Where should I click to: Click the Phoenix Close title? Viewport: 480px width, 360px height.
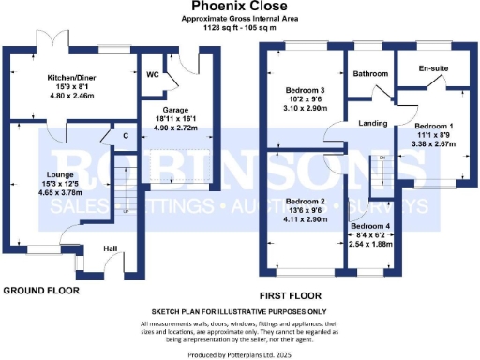(238, 7)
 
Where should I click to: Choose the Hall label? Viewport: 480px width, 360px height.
(110, 247)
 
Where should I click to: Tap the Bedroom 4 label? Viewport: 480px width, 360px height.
(371, 226)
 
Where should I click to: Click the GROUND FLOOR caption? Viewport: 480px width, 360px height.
(40, 291)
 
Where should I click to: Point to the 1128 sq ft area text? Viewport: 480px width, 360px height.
(238, 27)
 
